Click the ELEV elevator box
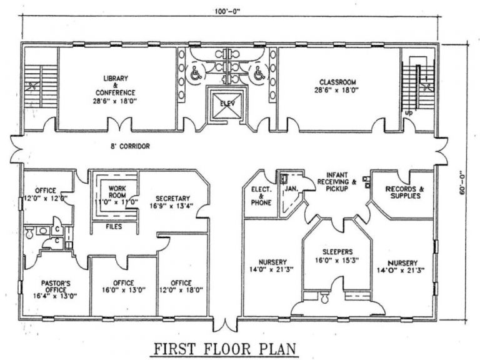(227, 105)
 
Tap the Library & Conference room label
(115, 89)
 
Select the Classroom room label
(337, 86)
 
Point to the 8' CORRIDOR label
(131, 146)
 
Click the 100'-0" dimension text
(227, 12)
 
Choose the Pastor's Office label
(56, 289)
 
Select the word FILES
(114, 226)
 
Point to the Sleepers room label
(337, 256)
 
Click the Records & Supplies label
(405, 192)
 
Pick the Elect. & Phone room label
(261, 196)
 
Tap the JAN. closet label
(291, 189)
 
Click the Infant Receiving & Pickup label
(336, 181)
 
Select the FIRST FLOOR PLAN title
(225, 349)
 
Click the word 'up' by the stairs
(409, 113)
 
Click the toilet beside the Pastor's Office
(29, 232)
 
